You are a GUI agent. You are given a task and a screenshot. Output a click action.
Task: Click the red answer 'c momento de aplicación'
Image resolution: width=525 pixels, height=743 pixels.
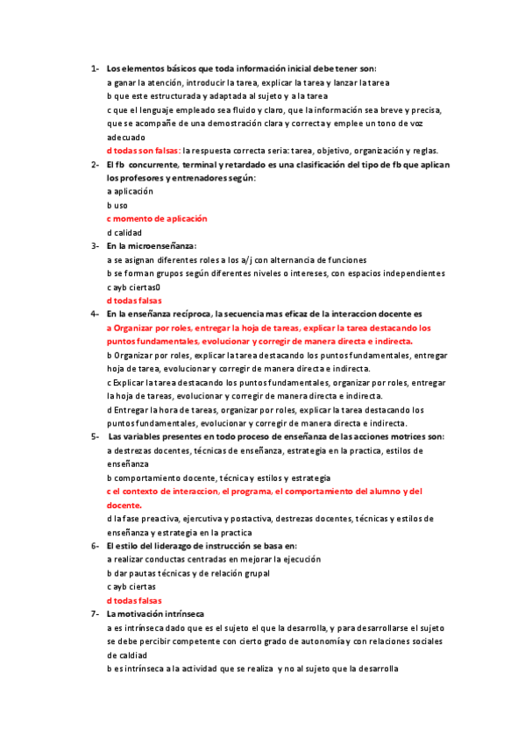pos(157,218)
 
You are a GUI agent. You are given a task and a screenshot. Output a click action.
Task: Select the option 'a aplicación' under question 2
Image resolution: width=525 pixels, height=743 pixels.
pos(130,191)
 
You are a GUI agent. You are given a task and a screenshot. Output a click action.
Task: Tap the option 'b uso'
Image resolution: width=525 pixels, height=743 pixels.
pos(117,205)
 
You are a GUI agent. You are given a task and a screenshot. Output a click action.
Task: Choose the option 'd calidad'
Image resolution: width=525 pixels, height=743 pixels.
pos(124,232)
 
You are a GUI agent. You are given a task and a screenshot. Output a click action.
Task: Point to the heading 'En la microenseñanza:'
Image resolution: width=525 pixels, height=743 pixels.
pos(152,246)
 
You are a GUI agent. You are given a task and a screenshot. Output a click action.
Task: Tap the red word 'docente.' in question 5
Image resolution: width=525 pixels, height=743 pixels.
pos(124,505)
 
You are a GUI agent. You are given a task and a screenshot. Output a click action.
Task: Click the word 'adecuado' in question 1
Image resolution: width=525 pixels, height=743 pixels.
pos(127,137)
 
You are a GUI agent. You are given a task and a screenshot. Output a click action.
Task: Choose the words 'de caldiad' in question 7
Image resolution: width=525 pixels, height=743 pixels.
pos(127,655)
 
